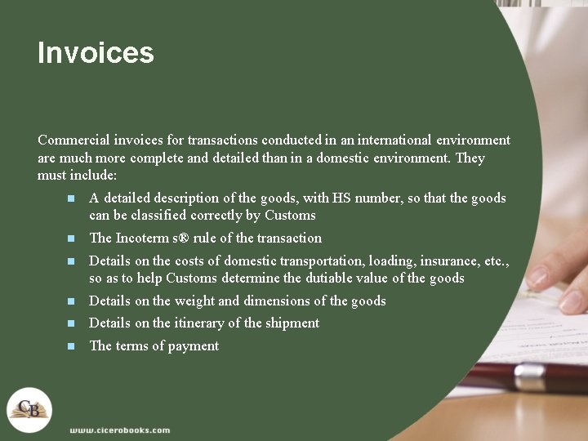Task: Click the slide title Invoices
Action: tap(96, 53)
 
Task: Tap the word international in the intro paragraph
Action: tap(365, 140)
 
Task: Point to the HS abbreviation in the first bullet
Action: tap(342, 198)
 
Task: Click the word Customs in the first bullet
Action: tap(290, 216)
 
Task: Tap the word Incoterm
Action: tap(145, 238)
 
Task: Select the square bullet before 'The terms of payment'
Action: tap(71, 346)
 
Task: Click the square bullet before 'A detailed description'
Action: tap(71, 198)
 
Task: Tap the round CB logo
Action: tap(29, 409)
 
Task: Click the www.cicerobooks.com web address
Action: tap(119, 430)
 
